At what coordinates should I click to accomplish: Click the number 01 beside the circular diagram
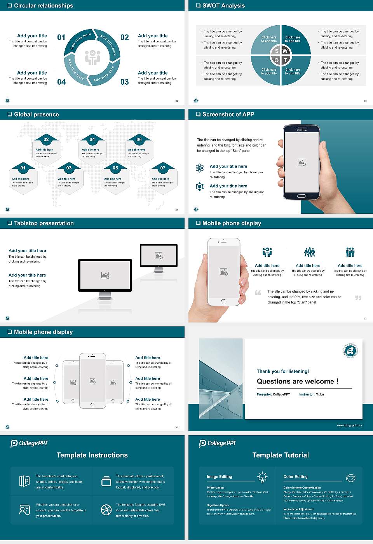click(x=61, y=37)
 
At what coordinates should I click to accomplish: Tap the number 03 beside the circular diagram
click(x=124, y=82)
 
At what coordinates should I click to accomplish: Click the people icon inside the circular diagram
click(x=92, y=58)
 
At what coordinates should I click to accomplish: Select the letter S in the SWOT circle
click(x=277, y=51)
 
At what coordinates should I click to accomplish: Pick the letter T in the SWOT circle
click(x=285, y=60)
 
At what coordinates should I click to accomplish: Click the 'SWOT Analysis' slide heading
click(x=223, y=5)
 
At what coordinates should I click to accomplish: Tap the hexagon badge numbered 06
click(x=139, y=139)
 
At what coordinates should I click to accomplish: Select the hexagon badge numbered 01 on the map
click(x=23, y=168)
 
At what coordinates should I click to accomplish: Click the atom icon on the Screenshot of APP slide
click(x=200, y=168)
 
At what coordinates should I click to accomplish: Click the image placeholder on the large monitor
click(x=105, y=275)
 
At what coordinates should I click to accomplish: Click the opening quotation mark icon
click(x=258, y=293)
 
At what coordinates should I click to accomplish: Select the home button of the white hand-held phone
click(x=223, y=302)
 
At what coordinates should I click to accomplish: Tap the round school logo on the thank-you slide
click(x=350, y=351)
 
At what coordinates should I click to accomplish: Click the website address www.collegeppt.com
click(x=349, y=425)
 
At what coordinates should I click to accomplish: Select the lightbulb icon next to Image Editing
click(x=262, y=477)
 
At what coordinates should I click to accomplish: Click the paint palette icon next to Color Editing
click(x=350, y=478)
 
